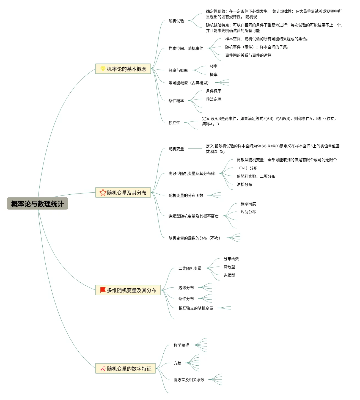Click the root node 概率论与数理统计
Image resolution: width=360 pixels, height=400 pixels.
click(x=37, y=204)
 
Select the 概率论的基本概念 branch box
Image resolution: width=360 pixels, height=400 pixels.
click(x=123, y=69)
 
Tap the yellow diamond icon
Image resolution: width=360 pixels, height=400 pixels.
click(x=103, y=69)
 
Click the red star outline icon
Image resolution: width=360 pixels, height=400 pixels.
click(x=103, y=192)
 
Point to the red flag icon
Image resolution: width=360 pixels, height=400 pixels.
click(x=103, y=290)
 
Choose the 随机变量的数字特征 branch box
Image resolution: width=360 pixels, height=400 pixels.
click(x=126, y=368)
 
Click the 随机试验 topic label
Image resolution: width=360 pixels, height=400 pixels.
click(x=176, y=21)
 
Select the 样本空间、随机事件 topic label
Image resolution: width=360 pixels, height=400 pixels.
click(x=186, y=48)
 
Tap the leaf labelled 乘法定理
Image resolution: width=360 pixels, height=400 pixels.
click(x=214, y=99)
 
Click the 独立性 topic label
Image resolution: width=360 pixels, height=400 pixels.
click(x=174, y=123)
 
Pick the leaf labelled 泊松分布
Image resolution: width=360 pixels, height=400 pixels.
click(x=244, y=184)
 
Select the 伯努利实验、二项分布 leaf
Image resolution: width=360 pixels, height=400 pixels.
click(x=256, y=176)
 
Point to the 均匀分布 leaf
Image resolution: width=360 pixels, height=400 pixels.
click(x=248, y=212)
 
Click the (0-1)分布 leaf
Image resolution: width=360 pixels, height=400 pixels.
click(x=248, y=168)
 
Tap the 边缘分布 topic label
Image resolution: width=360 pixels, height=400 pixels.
click(x=186, y=288)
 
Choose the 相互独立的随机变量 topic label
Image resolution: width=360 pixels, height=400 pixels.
click(x=196, y=308)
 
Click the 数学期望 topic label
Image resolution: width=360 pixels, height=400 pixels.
click(x=181, y=345)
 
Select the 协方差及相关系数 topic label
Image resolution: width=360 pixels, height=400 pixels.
click(x=189, y=380)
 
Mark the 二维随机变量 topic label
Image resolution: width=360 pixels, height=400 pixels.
click(x=190, y=268)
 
